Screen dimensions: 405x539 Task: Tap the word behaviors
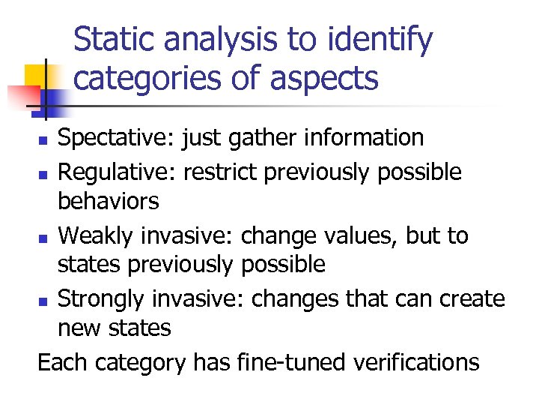click(x=109, y=201)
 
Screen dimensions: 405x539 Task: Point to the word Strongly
click(x=103, y=298)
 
